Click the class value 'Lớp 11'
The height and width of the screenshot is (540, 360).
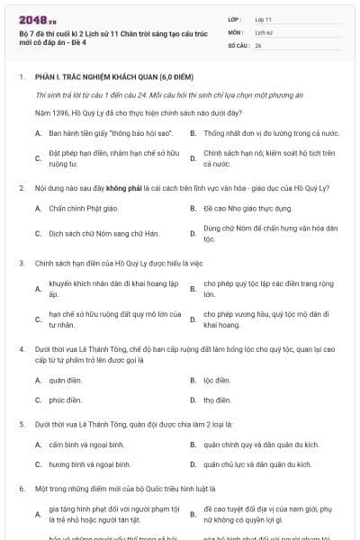(x=263, y=19)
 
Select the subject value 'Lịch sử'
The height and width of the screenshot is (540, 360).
(x=264, y=31)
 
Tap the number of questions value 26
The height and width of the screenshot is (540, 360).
(x=259, y=44)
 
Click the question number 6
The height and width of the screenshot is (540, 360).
(x=22, y=489)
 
